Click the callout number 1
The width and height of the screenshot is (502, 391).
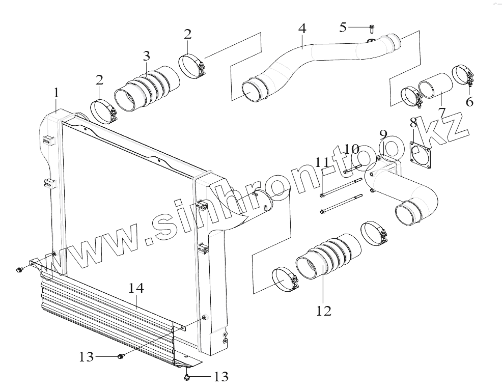point(57,93)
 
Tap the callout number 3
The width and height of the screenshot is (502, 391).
point(146,55)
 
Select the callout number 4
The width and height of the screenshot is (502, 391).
point(302,29)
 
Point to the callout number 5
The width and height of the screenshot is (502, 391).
point(343,26)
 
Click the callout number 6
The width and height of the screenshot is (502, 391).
point(469,101)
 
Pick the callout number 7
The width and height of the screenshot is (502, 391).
point(441,110)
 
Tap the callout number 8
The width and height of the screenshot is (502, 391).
point(413,122)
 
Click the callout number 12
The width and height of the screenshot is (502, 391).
point(324,310)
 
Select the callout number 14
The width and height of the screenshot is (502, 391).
point(136,288)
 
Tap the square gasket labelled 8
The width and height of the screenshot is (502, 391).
point(422,154)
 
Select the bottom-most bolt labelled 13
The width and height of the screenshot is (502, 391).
point(187,377)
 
